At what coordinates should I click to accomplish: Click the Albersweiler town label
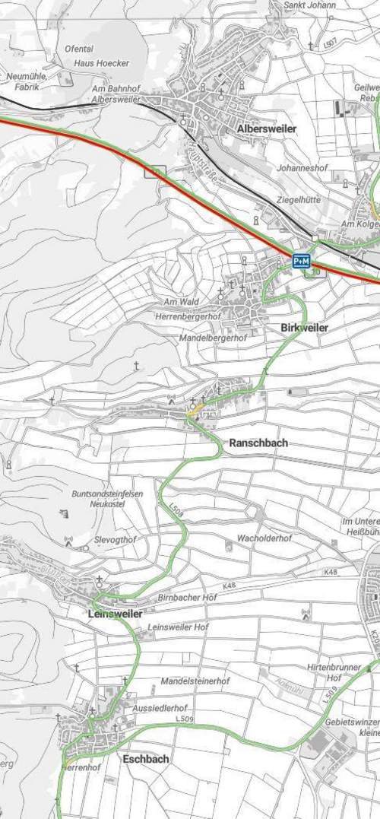(x=267, y=129)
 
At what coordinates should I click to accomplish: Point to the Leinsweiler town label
(x=115, y=614)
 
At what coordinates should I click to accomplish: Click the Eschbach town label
(x=146, y=759)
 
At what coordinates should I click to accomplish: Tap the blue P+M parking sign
(x=302, y=262)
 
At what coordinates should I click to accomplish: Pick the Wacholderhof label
(x=264, y=538)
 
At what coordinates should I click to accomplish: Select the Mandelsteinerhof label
(x=195, y=681)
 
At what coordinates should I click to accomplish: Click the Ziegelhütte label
(x=298, y=199)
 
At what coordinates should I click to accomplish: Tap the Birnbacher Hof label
(x=187, y=598)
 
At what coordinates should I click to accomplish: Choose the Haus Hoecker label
(x=102, y=63)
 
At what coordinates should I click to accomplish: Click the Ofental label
(x=79, y=49)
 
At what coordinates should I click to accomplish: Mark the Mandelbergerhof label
(x=214, y=337)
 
